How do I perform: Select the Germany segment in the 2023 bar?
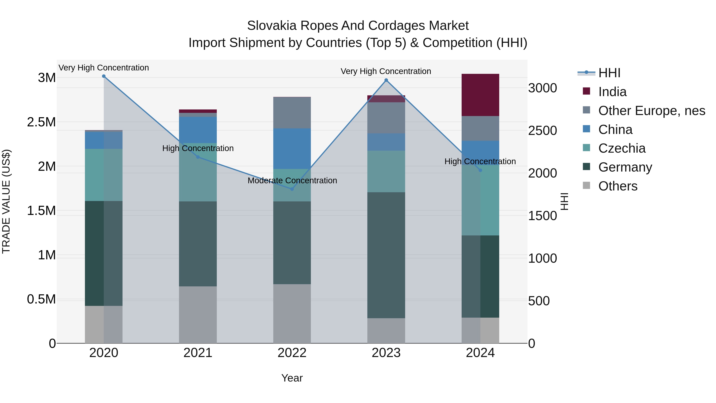click(386, 255)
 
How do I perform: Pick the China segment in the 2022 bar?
click(292, 148)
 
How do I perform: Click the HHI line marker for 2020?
click(104, 76)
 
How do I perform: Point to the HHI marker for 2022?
click(292, 189)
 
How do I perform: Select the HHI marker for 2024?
click(480, 170)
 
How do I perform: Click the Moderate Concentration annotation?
click(292, 181)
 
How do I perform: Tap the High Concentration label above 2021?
click(198, 148)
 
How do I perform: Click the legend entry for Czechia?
click(622, 148)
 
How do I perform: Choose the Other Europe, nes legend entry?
click(652, 111)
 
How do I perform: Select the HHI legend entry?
click(609, 73)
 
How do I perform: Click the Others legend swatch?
click(586, 185)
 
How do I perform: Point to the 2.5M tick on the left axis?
click(41, 122)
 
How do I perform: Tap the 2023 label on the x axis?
click(386, 353)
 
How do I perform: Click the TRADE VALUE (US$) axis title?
click(6, 201)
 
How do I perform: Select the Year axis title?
click(292, 378)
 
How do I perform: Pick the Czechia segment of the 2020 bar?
click(104, 175)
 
